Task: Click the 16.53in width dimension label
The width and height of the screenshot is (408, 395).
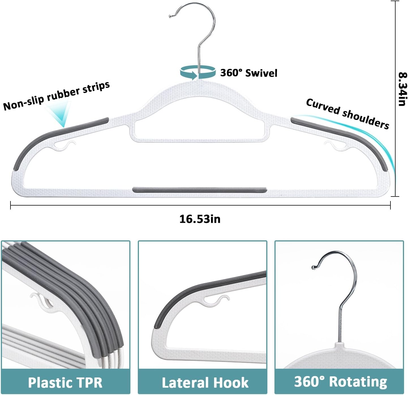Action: (200, 219)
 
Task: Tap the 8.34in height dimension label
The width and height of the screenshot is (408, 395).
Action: (402, 89)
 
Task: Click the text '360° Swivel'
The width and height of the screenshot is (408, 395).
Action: (248, 73)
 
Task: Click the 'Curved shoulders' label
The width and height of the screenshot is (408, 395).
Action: (347, 114)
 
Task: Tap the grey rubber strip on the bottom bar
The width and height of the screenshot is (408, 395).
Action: (199, 189)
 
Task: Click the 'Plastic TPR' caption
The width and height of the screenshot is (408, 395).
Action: (65, 382)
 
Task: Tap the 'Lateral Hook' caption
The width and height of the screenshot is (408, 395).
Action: (205, 382)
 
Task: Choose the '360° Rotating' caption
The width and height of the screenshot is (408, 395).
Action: (340, 381)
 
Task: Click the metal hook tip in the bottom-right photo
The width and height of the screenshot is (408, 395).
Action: (314, 267)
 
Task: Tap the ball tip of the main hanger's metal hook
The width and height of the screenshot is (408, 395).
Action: (170, 16)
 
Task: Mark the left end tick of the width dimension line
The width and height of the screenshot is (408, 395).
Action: (10, 205)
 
